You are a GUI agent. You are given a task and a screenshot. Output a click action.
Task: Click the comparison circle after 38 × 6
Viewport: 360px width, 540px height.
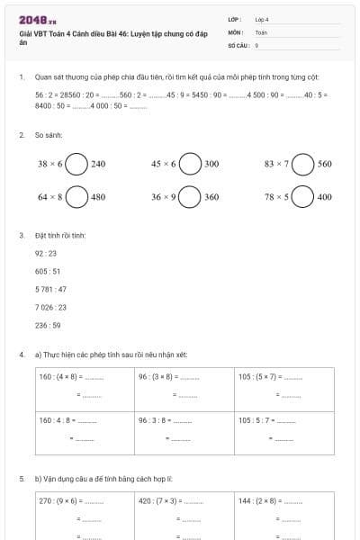76,165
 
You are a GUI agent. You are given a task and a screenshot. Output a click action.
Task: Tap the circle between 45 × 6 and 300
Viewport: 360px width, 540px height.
190,165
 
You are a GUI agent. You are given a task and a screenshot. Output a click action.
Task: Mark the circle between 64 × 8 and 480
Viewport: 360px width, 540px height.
76,196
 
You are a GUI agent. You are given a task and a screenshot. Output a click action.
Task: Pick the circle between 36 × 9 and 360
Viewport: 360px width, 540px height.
190,196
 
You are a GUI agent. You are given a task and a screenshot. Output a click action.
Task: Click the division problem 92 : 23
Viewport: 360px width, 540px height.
45,253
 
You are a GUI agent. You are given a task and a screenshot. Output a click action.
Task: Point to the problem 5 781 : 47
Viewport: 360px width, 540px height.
50,289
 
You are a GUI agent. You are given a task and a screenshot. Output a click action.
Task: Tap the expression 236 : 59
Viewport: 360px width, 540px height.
48,325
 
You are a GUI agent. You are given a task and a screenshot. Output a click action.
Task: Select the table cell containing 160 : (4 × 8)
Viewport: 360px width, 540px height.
85,388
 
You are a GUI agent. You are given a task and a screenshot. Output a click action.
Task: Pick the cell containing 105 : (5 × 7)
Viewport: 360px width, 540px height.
284,388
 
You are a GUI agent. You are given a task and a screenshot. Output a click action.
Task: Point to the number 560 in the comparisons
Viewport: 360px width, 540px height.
325,165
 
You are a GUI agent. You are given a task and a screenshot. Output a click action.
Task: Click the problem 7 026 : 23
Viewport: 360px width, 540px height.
50,307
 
